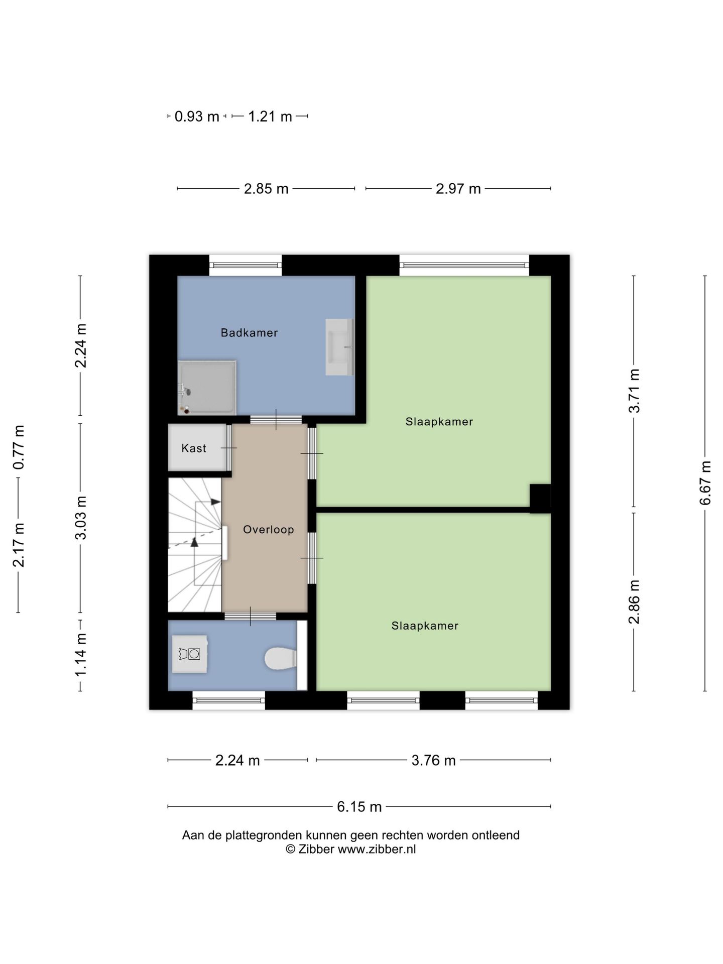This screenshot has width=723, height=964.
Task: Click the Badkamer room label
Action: [249, 332]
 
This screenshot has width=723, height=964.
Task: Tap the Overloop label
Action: [269, 529]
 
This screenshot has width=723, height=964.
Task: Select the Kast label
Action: [194, 448]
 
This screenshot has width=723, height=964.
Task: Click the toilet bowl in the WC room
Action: [281, 658]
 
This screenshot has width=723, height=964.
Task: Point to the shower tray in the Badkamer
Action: [207, 387]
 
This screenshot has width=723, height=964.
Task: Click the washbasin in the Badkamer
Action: [339, 347]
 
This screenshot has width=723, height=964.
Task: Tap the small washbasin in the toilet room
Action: [190, 654]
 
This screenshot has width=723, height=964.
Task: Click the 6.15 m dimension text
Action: [359, 806]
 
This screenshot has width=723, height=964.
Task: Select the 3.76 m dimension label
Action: [434, 760]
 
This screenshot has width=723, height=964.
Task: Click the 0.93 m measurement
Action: [197, 116]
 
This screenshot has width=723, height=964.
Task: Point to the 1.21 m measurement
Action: [270, 116]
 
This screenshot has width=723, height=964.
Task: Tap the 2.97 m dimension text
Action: [458, 189]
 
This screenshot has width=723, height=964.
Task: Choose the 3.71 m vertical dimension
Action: [635, 391]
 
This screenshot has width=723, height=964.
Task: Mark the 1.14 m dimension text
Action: [81, 654]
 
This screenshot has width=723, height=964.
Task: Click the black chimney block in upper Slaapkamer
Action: [540, 498]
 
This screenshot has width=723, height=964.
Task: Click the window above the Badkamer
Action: [246, 265]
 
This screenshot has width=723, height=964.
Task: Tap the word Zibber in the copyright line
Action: [316, 849]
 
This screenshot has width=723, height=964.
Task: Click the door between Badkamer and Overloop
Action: [276, 420]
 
